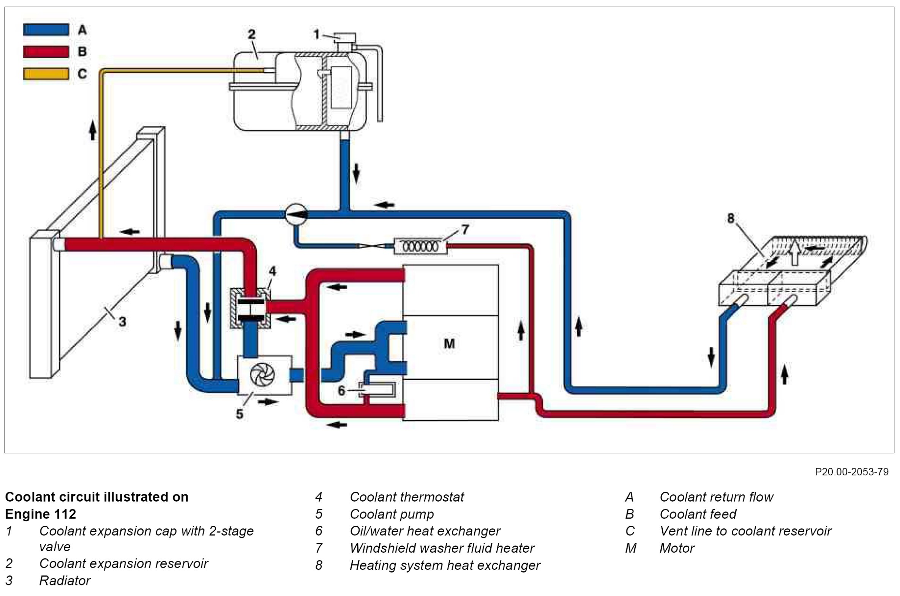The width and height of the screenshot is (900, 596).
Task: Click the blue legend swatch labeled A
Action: [46, 30]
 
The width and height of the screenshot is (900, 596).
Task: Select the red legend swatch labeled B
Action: [46, 52]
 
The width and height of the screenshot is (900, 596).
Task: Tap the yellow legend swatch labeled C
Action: [46, 74]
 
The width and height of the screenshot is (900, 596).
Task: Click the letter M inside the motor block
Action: [449, 344]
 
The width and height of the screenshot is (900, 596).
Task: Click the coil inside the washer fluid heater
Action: [420, 247]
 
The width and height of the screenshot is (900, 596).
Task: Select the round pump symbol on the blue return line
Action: [296, 215]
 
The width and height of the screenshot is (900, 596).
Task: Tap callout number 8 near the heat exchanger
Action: [731, 218]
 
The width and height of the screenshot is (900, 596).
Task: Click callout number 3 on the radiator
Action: [122, 322]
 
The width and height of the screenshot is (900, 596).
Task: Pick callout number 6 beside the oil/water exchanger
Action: [341, 390]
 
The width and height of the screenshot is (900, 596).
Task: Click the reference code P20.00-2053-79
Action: [851, 472]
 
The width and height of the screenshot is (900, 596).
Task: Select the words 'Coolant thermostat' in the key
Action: [407, 497]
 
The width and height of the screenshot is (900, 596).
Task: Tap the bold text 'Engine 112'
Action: [40, 514]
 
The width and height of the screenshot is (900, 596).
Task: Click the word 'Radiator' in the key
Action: [65, 580]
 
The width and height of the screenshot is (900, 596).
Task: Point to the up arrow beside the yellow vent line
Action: [92, 131]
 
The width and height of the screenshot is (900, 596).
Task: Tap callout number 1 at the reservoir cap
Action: [316, 35]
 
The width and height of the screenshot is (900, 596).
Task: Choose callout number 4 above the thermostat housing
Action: [272, 271]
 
